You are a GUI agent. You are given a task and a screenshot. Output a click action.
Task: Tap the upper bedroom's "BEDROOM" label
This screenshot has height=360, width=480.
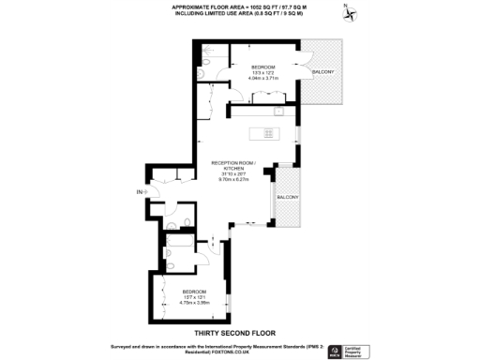[263, 67]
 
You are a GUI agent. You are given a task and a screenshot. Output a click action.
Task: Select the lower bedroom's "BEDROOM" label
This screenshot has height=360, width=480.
[195, 292]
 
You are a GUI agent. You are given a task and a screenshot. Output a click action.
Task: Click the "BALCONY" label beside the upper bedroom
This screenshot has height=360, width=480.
[322, 72]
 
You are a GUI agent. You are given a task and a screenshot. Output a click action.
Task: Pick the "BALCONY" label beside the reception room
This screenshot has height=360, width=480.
[286, 197]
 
